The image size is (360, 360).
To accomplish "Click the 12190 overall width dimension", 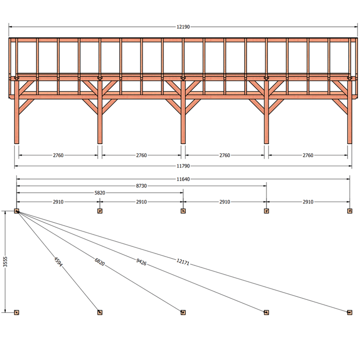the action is tap(183, 27).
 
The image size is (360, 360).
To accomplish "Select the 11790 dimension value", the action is tap(183, 166).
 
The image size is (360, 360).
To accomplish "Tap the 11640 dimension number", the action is tap(183, 179).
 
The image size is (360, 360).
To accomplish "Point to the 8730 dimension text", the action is tap(141, 186).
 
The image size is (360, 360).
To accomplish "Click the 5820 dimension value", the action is tap(100, 193).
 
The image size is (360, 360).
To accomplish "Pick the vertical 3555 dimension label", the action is tap(5, 262).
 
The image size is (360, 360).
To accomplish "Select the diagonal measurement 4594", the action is tap(58, 262).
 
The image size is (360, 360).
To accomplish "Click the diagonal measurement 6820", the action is tap(100, 262).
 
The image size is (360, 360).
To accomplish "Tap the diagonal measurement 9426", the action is tap(141, 262).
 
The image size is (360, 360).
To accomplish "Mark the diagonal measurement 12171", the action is tap(183, 262).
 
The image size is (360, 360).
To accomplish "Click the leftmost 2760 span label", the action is tap(58, 155).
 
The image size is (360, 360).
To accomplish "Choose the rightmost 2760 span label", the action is tap(308, 155).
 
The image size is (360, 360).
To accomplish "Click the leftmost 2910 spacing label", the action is tap(58, 202).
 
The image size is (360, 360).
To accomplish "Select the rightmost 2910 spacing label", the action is tap(308, 202).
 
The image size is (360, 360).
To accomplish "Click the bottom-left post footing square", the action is tap(16, 312).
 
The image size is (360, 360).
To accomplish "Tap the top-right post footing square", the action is tap(350, 211).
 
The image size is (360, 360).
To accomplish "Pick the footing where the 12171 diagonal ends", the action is tap(350, 312).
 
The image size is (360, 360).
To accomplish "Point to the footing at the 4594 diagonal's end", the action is tap(100, 312).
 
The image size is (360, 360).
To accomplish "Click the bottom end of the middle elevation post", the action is tap(183, 143).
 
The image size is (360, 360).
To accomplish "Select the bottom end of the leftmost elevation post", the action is tap(16, 143).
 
